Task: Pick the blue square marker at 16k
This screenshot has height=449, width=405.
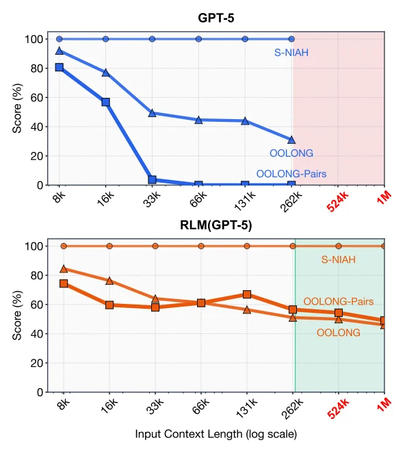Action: (106, 102)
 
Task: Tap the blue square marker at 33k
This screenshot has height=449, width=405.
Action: (153, 179)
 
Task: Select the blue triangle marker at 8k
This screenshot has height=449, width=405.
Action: (60, 51)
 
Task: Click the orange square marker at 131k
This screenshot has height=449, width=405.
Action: (246, 294)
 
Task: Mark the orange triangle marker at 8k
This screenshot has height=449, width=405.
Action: (64, 269)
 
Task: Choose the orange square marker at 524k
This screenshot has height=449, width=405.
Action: (339, 313)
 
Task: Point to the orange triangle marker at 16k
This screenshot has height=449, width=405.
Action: (109, 281)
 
